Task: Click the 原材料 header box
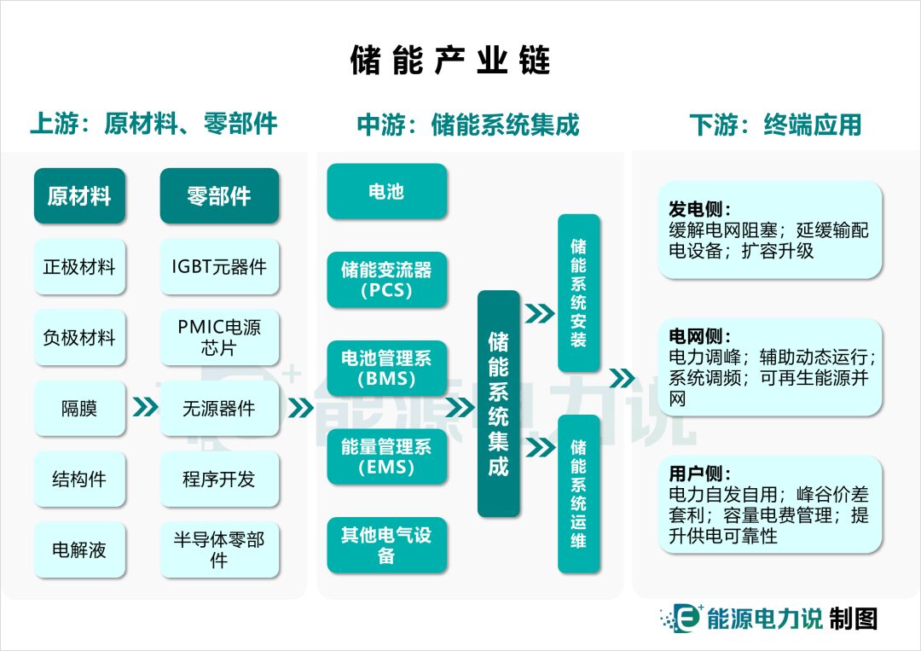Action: [78, 196]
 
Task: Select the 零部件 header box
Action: [219, 196]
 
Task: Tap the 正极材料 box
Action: [78, 267]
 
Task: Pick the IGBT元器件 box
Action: [219, 267]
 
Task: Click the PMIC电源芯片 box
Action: [219, 338]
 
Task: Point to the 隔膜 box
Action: [78, 409]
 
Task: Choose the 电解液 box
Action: [78, 550]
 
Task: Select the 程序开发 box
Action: [219, 480]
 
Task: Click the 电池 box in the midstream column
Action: [386, 192]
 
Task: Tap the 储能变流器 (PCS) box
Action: [386, 280]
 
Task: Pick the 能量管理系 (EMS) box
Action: [386, 456]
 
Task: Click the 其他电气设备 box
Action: [386, 545]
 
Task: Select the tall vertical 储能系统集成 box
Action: [498, 404]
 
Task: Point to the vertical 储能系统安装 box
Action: [578, 293]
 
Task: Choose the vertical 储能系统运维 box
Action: [578, 493]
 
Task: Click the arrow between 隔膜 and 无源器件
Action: [146, 409]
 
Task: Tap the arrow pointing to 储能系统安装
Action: [540, 314]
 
